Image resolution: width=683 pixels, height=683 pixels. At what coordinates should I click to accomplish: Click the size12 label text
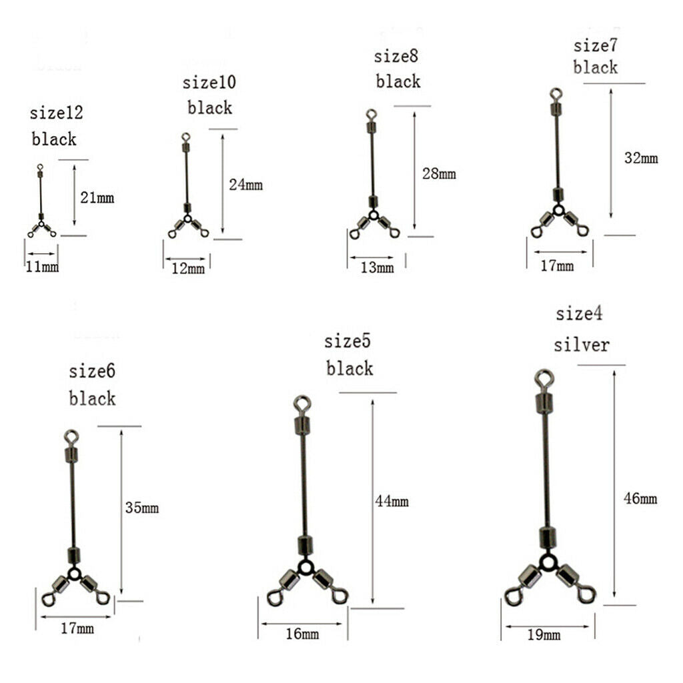[56, 113]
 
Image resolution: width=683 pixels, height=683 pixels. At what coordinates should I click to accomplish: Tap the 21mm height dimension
[97, 197]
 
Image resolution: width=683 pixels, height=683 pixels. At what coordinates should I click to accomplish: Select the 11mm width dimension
[42, 266]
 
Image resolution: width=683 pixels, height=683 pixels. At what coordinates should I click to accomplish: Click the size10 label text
[209, 82]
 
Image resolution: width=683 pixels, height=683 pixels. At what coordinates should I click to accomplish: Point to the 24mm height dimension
[245, 185]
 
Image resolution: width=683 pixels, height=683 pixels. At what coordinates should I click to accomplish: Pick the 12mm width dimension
[187, 268]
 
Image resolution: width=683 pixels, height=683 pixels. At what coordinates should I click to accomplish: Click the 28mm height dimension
[439, 174]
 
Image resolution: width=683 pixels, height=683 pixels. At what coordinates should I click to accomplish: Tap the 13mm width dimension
[378, 267]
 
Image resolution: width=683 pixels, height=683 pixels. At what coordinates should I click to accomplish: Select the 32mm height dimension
[641, 157]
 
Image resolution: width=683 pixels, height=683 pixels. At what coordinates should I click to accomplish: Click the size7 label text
[595, 45]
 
